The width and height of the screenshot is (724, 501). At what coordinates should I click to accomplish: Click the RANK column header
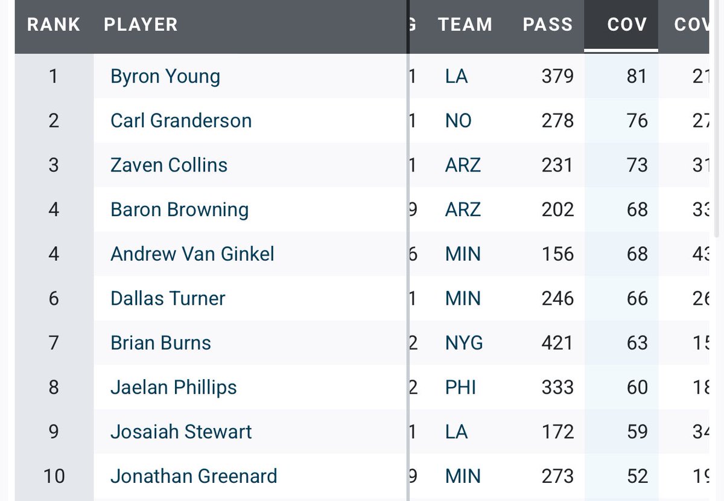[54, 25]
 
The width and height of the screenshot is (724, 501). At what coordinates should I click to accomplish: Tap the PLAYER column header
[141, 25]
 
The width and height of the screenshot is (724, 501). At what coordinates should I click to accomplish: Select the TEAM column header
[465, 25]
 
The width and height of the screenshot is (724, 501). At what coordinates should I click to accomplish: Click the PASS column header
[548, 25]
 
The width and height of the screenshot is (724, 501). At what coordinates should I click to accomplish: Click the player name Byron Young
[165, 77]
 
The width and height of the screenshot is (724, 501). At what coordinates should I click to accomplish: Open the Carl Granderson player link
[181, 121]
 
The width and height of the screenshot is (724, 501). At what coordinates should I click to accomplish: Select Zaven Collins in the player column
[169, 165]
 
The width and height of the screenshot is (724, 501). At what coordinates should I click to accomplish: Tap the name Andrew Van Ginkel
[192, 254]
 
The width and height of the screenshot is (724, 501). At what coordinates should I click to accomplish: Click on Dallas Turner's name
[168, 299]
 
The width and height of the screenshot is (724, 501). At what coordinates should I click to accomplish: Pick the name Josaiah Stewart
[181, 432]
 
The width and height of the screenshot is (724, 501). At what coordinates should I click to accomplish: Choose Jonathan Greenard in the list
[194, 476]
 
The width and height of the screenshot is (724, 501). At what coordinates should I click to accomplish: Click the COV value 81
[637, 77]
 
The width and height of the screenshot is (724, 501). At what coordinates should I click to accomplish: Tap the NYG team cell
[463, 343]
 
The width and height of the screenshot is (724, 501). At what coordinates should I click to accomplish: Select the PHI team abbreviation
[460, 388]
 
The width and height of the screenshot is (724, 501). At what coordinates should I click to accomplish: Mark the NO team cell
[458, 121]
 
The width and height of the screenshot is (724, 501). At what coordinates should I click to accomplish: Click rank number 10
[54, 476]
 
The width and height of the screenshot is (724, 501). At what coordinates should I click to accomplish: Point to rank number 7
[54, 343]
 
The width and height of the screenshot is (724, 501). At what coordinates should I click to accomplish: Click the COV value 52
[637, 476]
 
